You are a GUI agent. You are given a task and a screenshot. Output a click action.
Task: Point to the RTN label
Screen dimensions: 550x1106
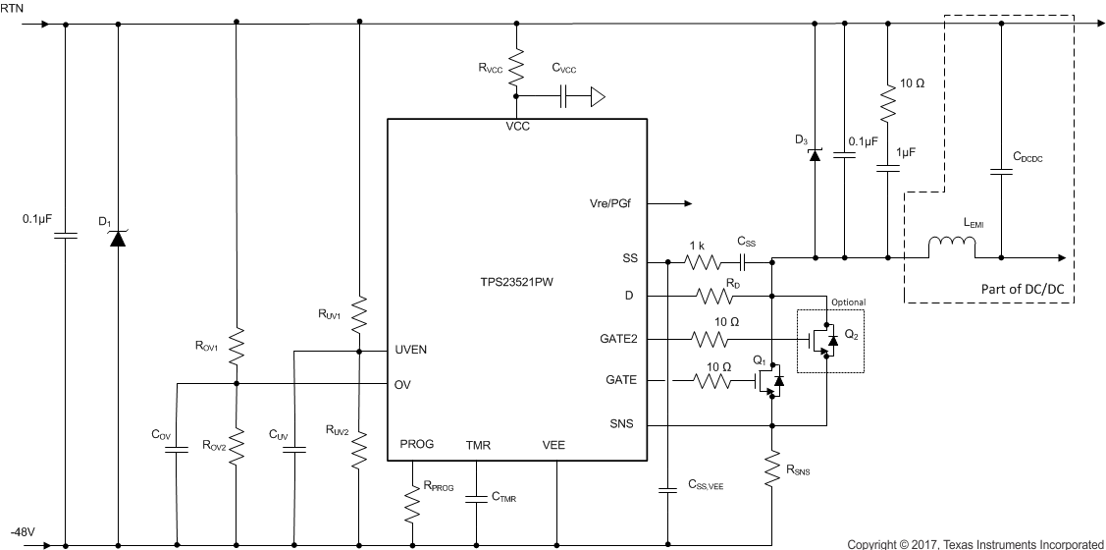[12, 7]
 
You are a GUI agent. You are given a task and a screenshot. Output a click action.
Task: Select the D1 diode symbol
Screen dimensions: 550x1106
[118, 237]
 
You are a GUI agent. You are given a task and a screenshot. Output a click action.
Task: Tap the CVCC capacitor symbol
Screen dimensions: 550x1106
[566, 96]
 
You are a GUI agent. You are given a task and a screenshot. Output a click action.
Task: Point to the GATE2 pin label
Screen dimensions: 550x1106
[617, 339]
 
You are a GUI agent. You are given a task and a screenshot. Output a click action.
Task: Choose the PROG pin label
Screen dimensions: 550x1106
[416, 445]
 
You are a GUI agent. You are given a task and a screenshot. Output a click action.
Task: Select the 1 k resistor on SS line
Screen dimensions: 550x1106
[703, 261]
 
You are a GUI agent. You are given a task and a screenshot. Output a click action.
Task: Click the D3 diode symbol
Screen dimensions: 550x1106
[814, 154]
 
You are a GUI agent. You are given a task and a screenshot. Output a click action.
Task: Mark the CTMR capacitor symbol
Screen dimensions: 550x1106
[475, 497]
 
